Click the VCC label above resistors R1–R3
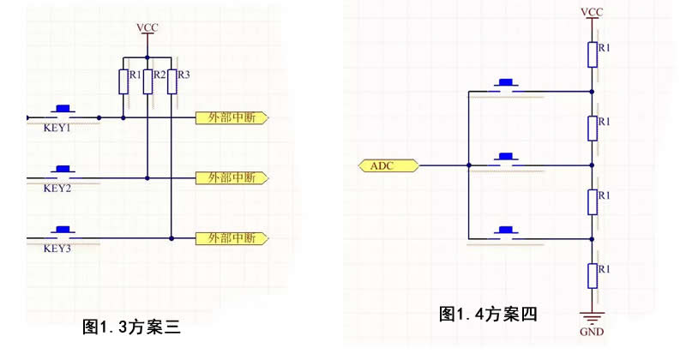[x=147, y=27]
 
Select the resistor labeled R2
[x=147, y=81]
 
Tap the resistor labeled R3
[x=171, y=81]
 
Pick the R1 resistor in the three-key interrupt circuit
[x=123, y=81]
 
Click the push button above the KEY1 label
[x=62, y=111]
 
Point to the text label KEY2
[x=57, y=188]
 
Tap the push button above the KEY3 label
[x=62, y=231]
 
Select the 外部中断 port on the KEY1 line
[x=232, y=117]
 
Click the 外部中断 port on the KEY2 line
[x=232, y=177]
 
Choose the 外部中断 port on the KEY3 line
[x=232, y=237]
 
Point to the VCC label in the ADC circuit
[x=592, y=12]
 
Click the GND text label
[x=592, y=331]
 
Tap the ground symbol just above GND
[x=592, y=315]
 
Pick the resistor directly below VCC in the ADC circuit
[x=592, y=53]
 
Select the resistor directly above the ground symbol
[x=592, y=274]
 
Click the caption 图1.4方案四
[x=488, y=314]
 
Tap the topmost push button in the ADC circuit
[x=506, y=84]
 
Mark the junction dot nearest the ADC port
[x=468, y=165]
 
